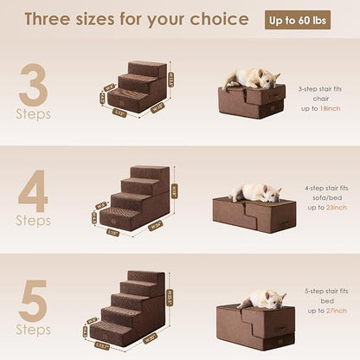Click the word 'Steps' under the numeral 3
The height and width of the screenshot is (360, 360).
(x=34, y=114)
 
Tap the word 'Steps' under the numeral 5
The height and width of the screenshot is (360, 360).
(x=34, y=331)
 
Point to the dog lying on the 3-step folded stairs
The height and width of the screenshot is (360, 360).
(x=251, y=78)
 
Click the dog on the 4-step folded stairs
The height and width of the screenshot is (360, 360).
(x=254, y=191)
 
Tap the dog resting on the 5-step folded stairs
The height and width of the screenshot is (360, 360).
(x=261, y=299)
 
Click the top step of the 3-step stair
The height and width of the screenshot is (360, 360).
(x=147, y=67)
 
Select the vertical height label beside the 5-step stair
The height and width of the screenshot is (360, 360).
(x=170, y=294)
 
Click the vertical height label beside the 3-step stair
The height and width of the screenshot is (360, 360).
(x=171, y=80)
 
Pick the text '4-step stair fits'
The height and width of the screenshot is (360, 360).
(x=322, y=188)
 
